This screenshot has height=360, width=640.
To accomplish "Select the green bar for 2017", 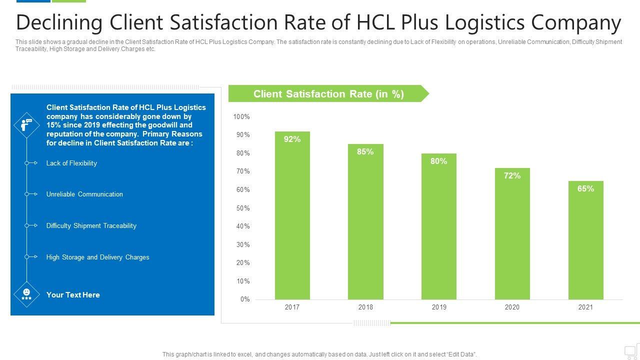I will click(x=292, y=220).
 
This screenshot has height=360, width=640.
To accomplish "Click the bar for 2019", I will click(x=438, y=230).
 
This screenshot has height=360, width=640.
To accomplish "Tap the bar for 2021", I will click(x=585, y=245).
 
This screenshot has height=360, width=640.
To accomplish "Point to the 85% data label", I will click(x=365, y=152).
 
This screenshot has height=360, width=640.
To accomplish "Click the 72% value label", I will click(x=512, y=175).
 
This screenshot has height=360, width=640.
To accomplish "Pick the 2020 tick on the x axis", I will click(x=512, y=307).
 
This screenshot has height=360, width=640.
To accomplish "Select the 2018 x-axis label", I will click(x=365, y=307).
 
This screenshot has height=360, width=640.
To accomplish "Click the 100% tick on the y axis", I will click(x=241, y=116).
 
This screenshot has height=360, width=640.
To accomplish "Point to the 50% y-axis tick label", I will click(x=243, y=208).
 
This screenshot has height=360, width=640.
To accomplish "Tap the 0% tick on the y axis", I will click(x=245, y=299).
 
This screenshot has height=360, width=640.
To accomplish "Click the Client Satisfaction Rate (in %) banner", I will click(x=328, y=94).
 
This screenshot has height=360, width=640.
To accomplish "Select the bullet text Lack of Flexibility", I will click(x=71, y=163).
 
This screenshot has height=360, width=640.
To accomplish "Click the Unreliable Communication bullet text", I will click(x=84, y=194).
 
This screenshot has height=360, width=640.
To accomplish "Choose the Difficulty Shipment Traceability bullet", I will click(x=91, y=225).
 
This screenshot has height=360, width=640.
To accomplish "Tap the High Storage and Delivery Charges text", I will click(x=98, y=257).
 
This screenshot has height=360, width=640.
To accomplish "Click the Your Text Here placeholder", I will click(x=73, y=295).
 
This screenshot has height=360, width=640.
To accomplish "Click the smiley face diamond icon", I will click(x=26, y=294).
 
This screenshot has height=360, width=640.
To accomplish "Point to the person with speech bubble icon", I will click(x=26, y=124).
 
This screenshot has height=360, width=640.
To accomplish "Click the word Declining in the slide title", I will click(x=59, y=22).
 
